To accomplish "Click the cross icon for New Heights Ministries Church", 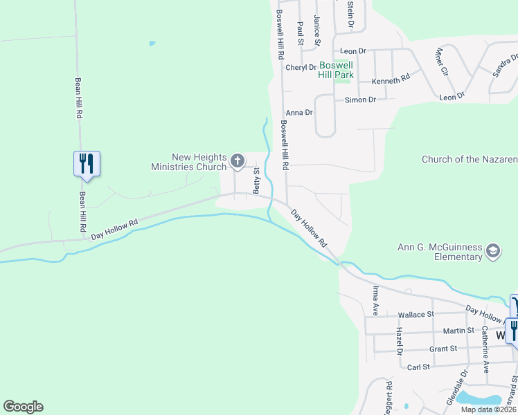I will pyautogui.click(x=237, y=162).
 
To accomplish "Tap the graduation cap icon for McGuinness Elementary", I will pyautogui.click(x=493, y=250).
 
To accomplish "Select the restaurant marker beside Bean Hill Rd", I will pyautogui.click(x=87, y=163).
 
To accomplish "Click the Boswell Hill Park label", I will pyautogui.click(x=336, y=70).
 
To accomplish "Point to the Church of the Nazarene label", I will pyautogui.click(x=470, y=160).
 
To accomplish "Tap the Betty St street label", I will pyautogui.click(x=256, y=181).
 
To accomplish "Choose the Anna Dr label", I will pyautogui.click(x=300, y=112).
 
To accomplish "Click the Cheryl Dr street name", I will pyautogui.click(x=301, y=67).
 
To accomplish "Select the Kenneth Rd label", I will pyautogui.click(x=391, y=80).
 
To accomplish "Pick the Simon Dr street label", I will pyautogui.click(x=360, y=100).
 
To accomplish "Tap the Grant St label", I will pyautogui.click(x=444, y=349).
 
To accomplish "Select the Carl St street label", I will pyautogui.click(x=419, y=367).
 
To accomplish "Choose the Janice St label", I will pyautogui.click(x=316, y=31).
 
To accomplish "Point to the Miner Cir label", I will pyautogui.click(x=440, y=61).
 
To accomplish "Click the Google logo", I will pyautogui.click(x=23, y=407).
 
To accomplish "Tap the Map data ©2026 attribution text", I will pyautogui.click(x=489, y=409).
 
